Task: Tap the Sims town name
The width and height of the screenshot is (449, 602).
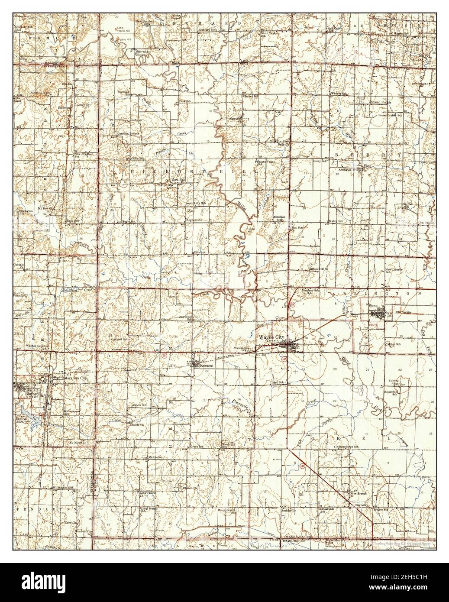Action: (x=374, y=306)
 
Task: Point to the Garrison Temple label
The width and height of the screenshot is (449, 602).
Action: (x=129, y=134)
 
